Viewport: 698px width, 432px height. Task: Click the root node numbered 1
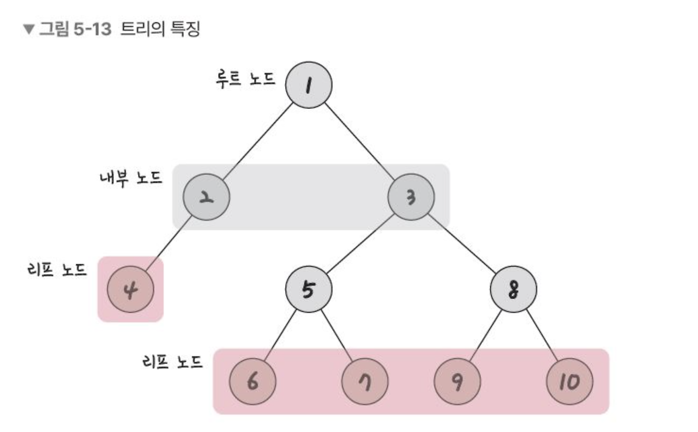(309, 84)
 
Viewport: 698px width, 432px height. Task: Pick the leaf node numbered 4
(131, 289)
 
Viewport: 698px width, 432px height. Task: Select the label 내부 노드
(131, 178)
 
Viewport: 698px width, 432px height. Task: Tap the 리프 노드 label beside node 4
(56, 270)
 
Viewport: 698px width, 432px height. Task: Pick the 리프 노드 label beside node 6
(171, 361)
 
